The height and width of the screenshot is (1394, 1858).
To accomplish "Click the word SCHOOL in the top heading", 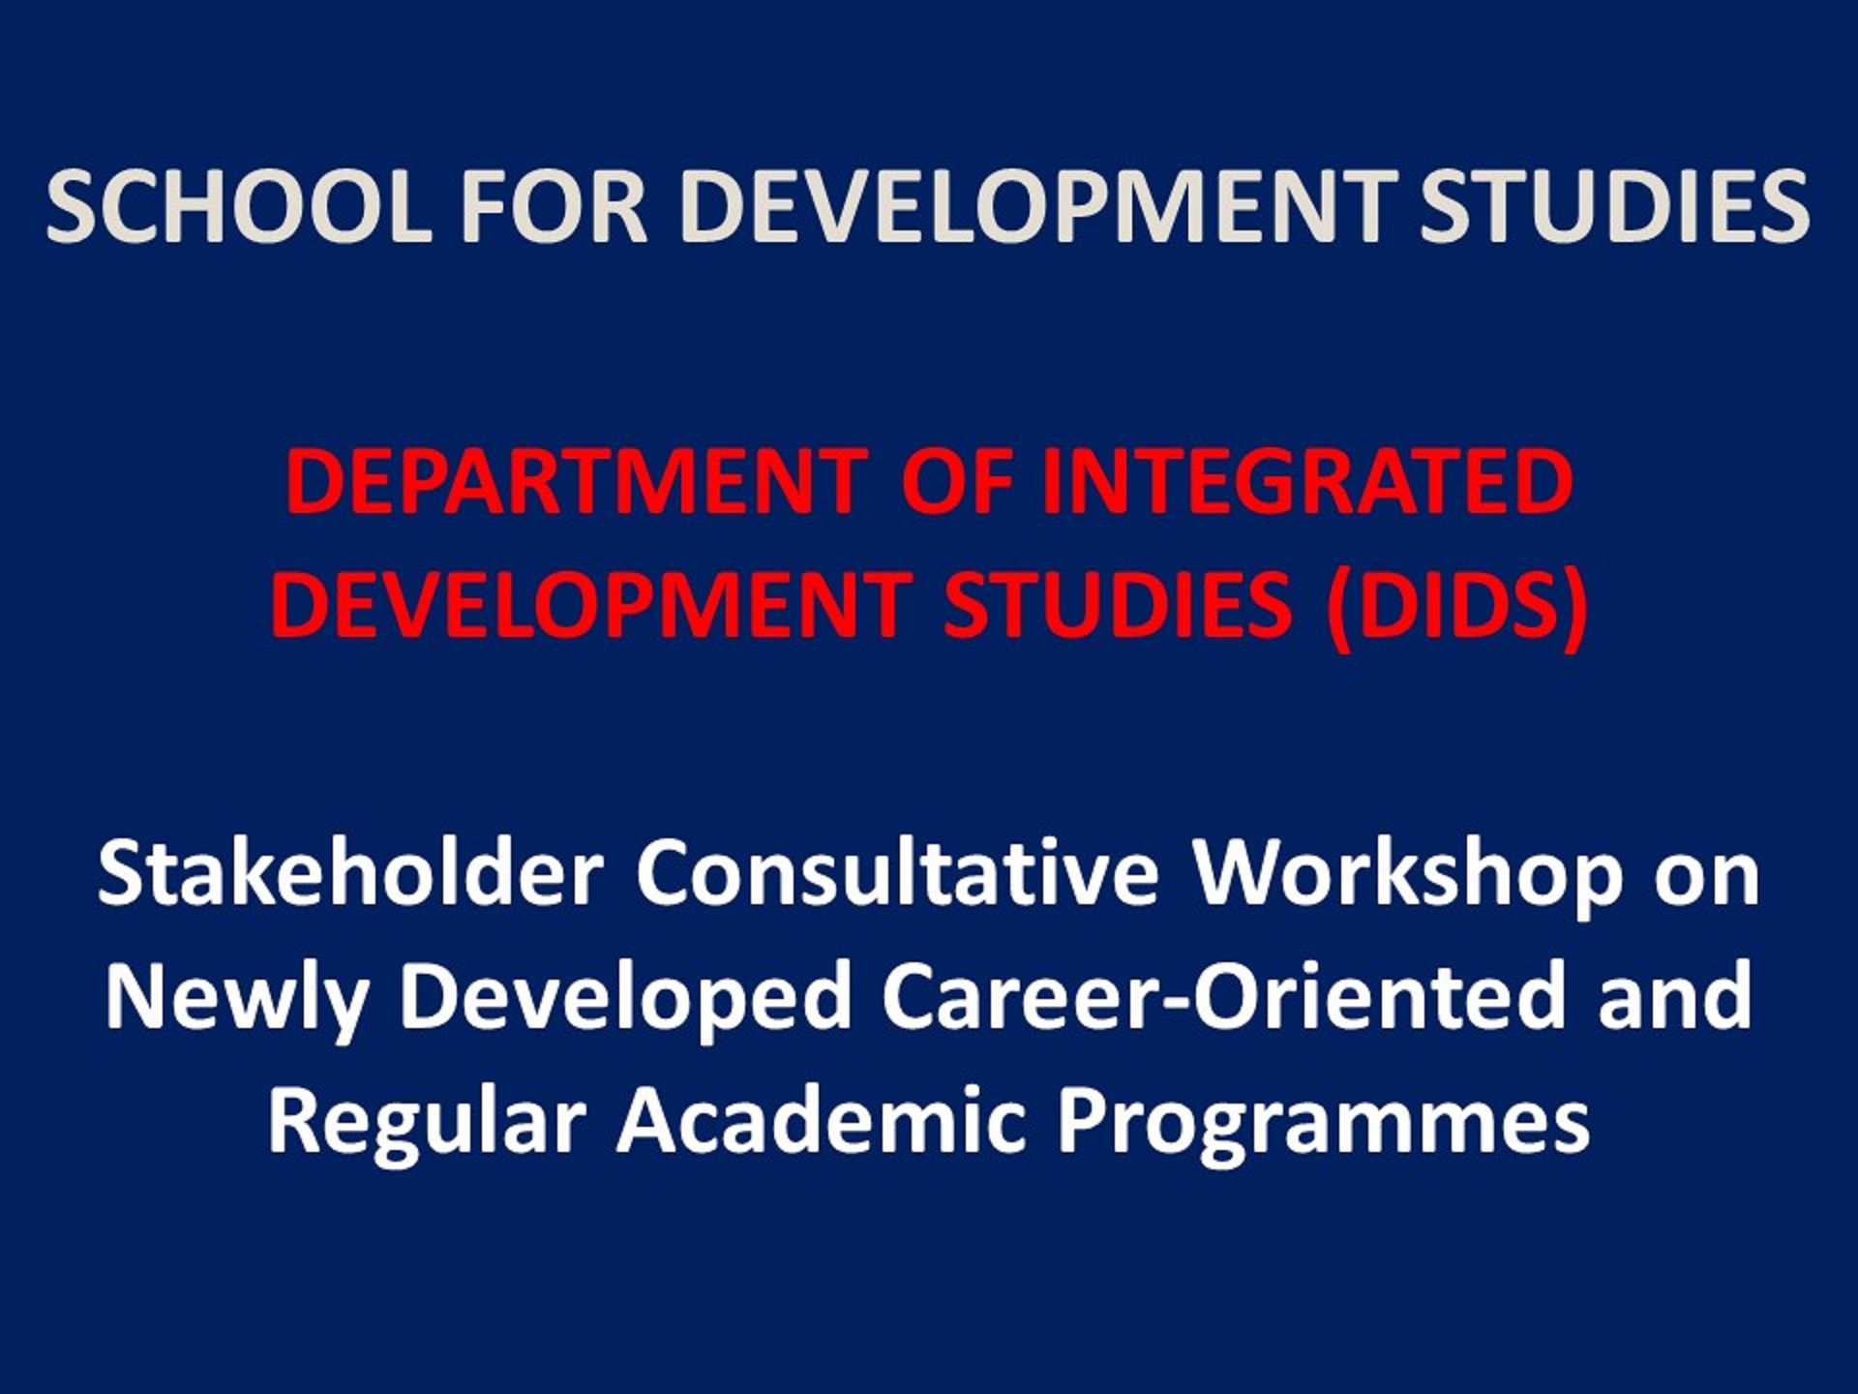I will pyautogui.click(x=238, y=207).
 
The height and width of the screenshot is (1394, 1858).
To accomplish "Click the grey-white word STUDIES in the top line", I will pyautogui.click(x=1614, y=207).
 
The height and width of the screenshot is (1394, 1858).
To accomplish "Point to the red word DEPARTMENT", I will pyautogui.click(x=576, y=482).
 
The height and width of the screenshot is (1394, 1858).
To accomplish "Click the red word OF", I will pyautogui.click(x=958, y=482).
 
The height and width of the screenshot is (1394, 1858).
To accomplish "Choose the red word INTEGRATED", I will pyautogui.click(x=1307, y=482).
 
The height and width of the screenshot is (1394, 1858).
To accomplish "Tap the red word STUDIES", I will pyautogui.click(x=1117, y=605).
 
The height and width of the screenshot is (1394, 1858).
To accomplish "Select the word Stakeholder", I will pyautogui.click(x=350, y=873).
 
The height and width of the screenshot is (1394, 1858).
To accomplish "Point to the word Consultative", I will pyautogui.click(x=896, y=873).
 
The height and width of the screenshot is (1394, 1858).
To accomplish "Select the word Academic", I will pyautogui.click(x=822, y=1121).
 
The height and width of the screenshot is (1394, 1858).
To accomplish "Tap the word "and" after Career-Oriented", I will pyautogui.click(x=1675, y=997).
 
